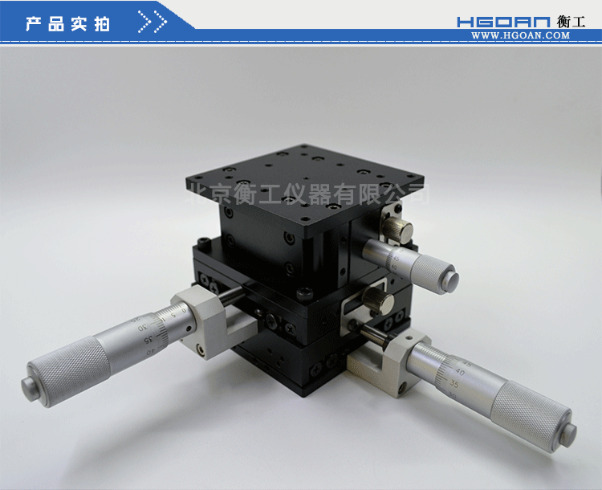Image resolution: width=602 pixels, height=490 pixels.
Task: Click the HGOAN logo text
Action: click(x=504, y=22)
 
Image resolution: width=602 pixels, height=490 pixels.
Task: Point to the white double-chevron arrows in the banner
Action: click(x=152, y=22)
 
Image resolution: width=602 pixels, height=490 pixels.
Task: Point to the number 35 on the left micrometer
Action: click(x=149, y=340)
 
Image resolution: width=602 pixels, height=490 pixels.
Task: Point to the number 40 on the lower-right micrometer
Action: click(x=459, y=372)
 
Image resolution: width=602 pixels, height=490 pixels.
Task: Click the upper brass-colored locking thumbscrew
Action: click(x=393, y=230)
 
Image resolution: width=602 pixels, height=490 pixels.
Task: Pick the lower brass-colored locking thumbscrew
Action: click(x=375, y=300)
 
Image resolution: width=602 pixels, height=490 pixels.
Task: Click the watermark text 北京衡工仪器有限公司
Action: click(x=308, y=194)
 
